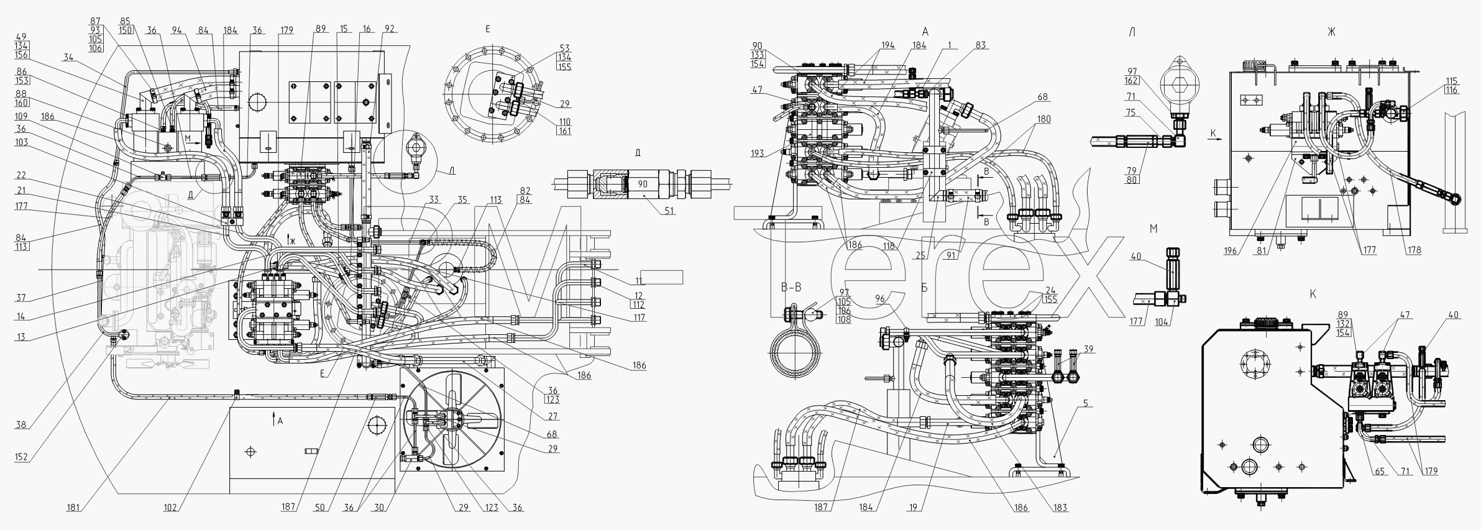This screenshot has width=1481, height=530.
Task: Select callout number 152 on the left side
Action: [x=21, y=457]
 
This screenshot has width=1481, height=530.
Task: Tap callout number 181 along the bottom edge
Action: [x=73, y=508]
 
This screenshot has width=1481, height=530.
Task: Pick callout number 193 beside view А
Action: [x=758, y=153]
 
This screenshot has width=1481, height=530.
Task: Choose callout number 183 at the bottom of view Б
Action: [x=1060, y=508]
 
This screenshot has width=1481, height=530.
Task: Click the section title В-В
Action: [x=791, y=288]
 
